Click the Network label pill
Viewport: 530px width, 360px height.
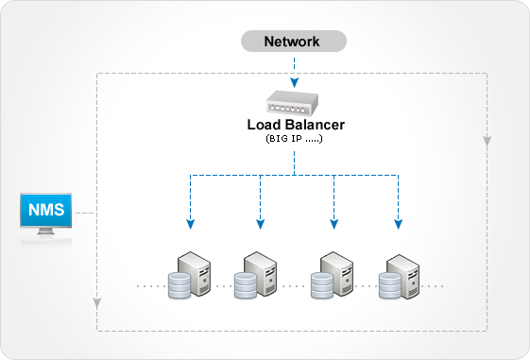pyautogui.click(x=293, y=42)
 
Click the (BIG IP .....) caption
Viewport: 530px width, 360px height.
pyautogui.click(x=294, y=139)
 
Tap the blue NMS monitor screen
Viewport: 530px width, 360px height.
pyautogui.click(x=46, y=212)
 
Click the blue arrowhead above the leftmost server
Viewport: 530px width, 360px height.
pyautogui.click(x=190, y=224)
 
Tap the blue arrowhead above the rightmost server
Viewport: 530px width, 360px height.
pyautogui.click(x=398, y=224)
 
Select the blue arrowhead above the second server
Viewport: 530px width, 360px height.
pyautogui.click(x=260, y=224)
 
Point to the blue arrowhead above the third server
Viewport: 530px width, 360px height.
pyautogui.click(x=333, y=224)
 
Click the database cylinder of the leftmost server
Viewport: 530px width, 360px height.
pyautogui.click(x=179, y=285)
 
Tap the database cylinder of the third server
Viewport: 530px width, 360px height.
pyautogui.click(x=320, y=284)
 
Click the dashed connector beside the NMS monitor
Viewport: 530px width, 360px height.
pyautogui.click(x=85, y=214)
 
